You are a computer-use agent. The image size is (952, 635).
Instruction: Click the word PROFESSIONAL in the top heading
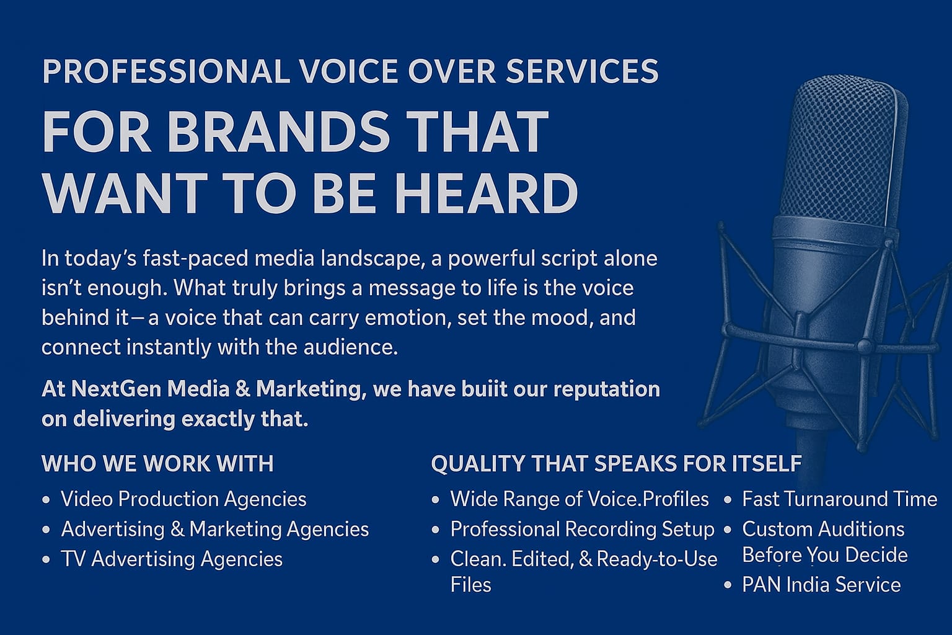[166, 71]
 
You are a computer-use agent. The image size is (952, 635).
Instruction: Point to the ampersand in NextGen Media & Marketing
[243, 389]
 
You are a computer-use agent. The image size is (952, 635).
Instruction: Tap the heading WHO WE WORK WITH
[157, 463]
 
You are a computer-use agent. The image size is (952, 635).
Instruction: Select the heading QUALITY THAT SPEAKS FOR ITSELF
[617, 463]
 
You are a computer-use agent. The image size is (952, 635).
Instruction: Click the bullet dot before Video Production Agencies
[46, 500]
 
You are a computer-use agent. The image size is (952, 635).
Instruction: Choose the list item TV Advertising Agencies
[172, 559]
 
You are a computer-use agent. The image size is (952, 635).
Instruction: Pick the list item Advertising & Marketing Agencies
[215, 529]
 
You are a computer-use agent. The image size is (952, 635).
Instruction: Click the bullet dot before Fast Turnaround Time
[728, 500]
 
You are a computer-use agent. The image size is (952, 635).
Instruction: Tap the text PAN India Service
[821, 585]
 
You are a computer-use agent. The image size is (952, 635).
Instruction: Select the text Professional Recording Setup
[583, 530]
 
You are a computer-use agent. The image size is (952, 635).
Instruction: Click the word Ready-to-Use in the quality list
[657, 559]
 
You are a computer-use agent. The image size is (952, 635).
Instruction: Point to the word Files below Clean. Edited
[471, 585]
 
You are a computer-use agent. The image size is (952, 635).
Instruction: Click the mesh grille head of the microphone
[844, 149]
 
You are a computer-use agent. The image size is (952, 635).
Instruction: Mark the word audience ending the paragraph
[351, 347]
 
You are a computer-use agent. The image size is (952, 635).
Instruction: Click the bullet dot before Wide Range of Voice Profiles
[435, 500]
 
